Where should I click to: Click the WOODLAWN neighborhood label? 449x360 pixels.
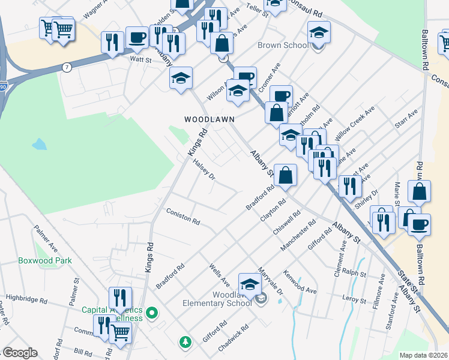pyautogui.click(x=209, y=119)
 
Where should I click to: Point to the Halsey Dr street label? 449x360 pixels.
pyautogui.click(x=204, y=170)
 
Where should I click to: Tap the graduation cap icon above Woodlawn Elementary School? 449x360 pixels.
pyautogui.click(x=250, y=284)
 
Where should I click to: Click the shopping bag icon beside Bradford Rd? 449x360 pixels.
pyautogui.click(x=286, y=175)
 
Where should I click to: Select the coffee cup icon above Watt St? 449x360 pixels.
pyautogui.click(x=137, y=37)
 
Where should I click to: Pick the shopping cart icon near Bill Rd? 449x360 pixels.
pyautogui.click(x=121, y=331)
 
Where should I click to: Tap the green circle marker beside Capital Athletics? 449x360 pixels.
pyautogui.click(x=152, y=312)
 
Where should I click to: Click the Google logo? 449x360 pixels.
pyautogui.click(x=19, y=353)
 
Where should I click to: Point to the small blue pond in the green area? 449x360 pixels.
pyautogui.click(x=39, y=144)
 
